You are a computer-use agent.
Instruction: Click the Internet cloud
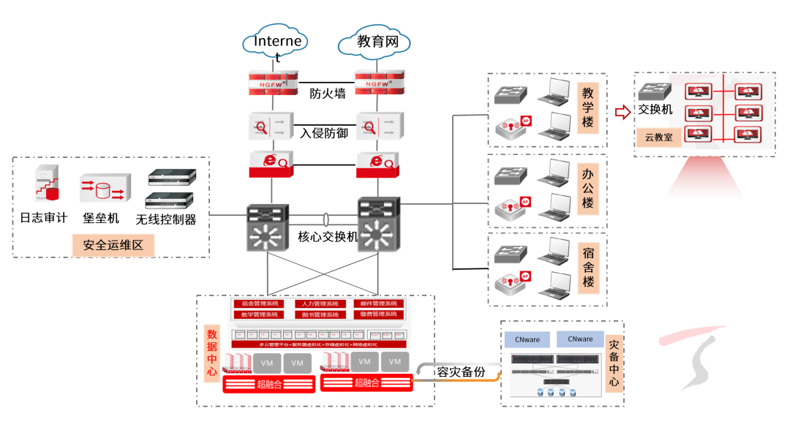(276, 45)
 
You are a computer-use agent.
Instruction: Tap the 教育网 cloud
(377, 43)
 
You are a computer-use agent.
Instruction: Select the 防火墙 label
(328, 94)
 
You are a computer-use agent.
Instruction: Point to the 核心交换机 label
(328, 236)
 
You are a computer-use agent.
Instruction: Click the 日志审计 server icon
(46, 184)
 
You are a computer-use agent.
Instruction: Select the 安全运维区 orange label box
(113, 246)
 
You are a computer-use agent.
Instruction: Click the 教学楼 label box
(587, 108)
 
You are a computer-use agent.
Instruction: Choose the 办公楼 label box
(587, 188)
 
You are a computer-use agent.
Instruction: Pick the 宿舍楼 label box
(587, 267)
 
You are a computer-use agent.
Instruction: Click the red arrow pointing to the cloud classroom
(622, 112)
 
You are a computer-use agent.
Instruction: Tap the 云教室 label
(658, 137)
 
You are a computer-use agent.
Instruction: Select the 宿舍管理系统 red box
(260, 304)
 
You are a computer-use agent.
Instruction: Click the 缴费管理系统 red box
(378, 314)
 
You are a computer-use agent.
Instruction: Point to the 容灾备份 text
(461, 372)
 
